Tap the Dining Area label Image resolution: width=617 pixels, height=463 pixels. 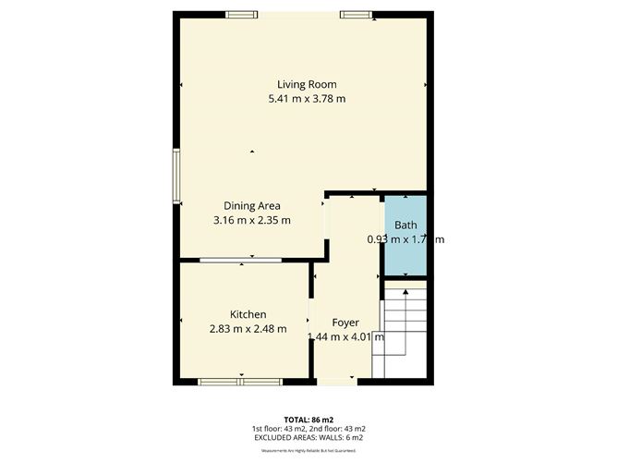coord(252,205)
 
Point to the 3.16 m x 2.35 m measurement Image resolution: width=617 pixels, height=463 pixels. coord(252,220)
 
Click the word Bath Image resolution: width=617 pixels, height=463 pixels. coord(405,225)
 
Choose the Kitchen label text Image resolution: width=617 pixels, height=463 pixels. coord(248,314)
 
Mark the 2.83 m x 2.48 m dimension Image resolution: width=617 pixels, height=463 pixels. coord(248,329)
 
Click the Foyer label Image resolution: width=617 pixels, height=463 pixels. coord(345,323)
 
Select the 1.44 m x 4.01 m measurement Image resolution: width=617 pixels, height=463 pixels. coord(345,336)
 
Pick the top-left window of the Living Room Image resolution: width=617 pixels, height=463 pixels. coord(242,14)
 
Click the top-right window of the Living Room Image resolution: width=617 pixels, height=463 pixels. coord(355,14)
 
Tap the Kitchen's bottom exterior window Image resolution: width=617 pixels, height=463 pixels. coord(241,380)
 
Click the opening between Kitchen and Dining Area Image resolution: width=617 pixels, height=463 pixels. coord(241,262)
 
